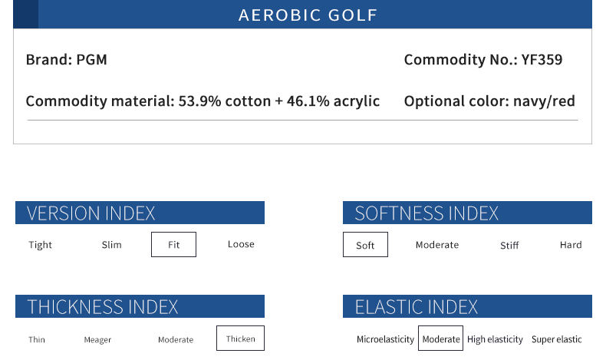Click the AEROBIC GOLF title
[308, 15]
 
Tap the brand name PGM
[91, 60]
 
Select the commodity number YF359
[542, 60]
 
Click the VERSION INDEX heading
[91, 213]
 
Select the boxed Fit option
[173, 244]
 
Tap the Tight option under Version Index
[40, 245]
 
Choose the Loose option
[241, 244]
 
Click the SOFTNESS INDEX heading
[427, 213]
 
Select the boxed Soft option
[365, 244]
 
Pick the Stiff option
[509, 245]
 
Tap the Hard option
[571, 245]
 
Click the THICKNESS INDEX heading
[103, 306]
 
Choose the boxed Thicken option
[240, 338]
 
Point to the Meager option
[97, 340]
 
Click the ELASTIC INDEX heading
[417, 306]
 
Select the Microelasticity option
[385, 339]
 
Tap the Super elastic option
[557, 339]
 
